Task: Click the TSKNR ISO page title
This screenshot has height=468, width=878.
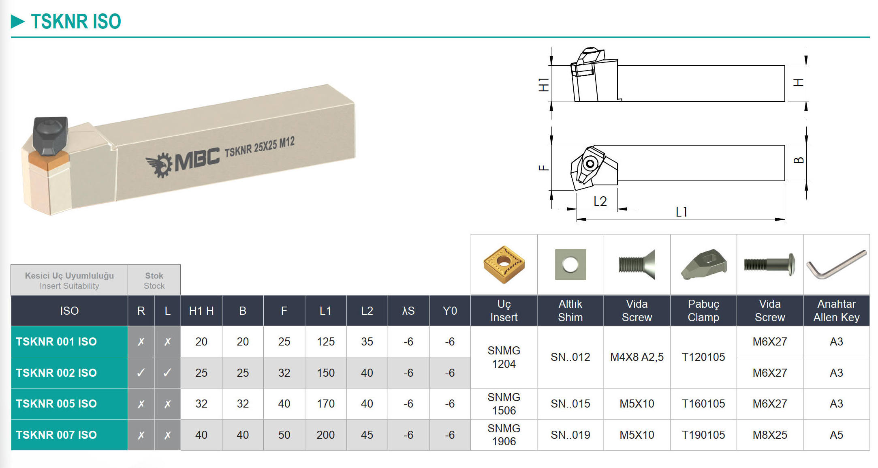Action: tap(76, 21)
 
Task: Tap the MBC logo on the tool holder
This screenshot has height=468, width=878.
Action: tap(182, 162)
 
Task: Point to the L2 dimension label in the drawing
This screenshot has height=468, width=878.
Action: tap(600, 201)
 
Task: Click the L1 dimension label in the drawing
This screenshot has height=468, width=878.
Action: tap(681, 212)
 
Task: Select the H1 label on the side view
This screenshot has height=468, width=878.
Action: tap(543, 85)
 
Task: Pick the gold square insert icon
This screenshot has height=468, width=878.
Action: tap(504, 264)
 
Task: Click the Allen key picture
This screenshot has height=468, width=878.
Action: tap(836, 264)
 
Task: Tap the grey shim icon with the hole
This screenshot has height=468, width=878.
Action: tap(570, 264)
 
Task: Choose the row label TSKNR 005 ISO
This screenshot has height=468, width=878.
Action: tap(56, 404)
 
